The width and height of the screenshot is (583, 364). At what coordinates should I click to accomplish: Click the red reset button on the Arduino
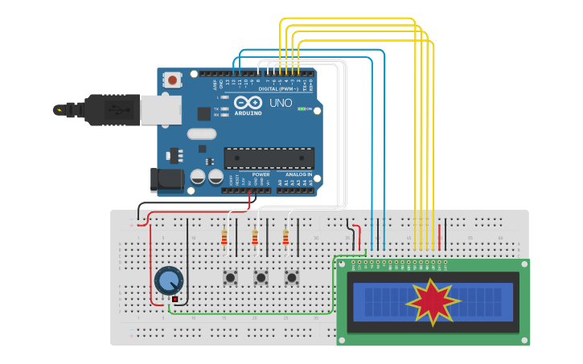tap(172, 80)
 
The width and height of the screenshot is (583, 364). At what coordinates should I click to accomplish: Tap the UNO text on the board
tap(281, 103)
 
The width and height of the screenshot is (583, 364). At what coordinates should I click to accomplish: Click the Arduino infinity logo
tap(249, 103)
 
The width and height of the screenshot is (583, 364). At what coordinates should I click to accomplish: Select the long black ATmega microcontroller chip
tap(269, 158)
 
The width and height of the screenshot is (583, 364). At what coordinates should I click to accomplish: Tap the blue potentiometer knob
tap(169, 280)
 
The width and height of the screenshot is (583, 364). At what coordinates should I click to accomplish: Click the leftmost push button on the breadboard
tap(231, 277)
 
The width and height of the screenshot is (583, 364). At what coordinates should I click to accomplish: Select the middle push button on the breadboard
tap(261, 277)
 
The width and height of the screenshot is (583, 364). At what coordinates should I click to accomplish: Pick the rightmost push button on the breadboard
tap(292, 277)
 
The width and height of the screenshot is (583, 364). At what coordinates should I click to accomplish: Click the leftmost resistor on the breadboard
tap(224, 238)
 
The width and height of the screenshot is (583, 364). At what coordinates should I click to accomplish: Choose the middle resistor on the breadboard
tap(255, 238)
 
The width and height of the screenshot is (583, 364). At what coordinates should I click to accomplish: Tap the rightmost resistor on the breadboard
tap(285, 238)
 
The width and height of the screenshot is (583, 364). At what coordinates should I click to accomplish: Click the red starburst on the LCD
tap(433, 301)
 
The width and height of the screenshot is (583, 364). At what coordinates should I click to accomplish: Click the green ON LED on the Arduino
tap(302, 108)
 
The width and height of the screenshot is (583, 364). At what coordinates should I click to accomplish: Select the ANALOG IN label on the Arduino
tap(298, 174)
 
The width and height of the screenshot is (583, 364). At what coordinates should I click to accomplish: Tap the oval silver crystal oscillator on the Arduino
tap(203, 134)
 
